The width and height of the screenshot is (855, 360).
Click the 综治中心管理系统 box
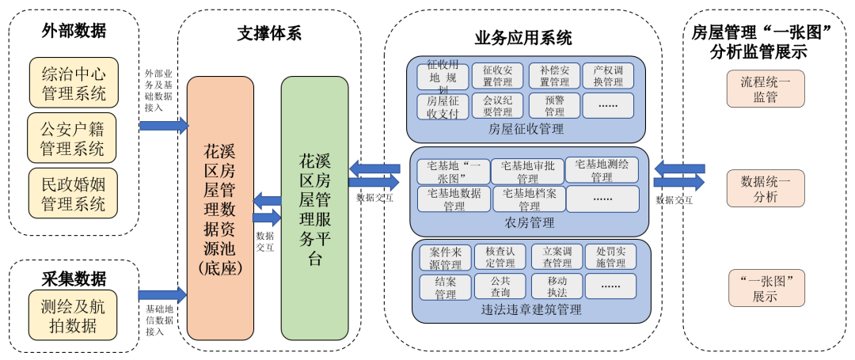73,83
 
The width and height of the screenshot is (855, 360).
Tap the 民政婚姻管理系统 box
73,193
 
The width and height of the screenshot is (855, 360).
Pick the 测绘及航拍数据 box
73,314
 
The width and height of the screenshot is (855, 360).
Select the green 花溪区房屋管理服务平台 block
314,208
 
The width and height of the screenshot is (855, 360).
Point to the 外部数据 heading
74,30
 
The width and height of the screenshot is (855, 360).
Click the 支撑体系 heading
269,33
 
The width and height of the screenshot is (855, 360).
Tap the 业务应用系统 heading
522,37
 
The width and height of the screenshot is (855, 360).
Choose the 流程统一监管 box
765,88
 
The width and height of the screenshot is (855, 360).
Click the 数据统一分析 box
765,188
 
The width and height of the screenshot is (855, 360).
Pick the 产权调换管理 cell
608,76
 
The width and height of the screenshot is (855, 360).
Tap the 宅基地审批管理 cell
527,171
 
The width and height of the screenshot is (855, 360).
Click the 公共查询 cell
500,286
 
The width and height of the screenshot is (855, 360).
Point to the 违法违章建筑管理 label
531,309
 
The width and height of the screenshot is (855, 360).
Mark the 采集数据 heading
74,278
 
